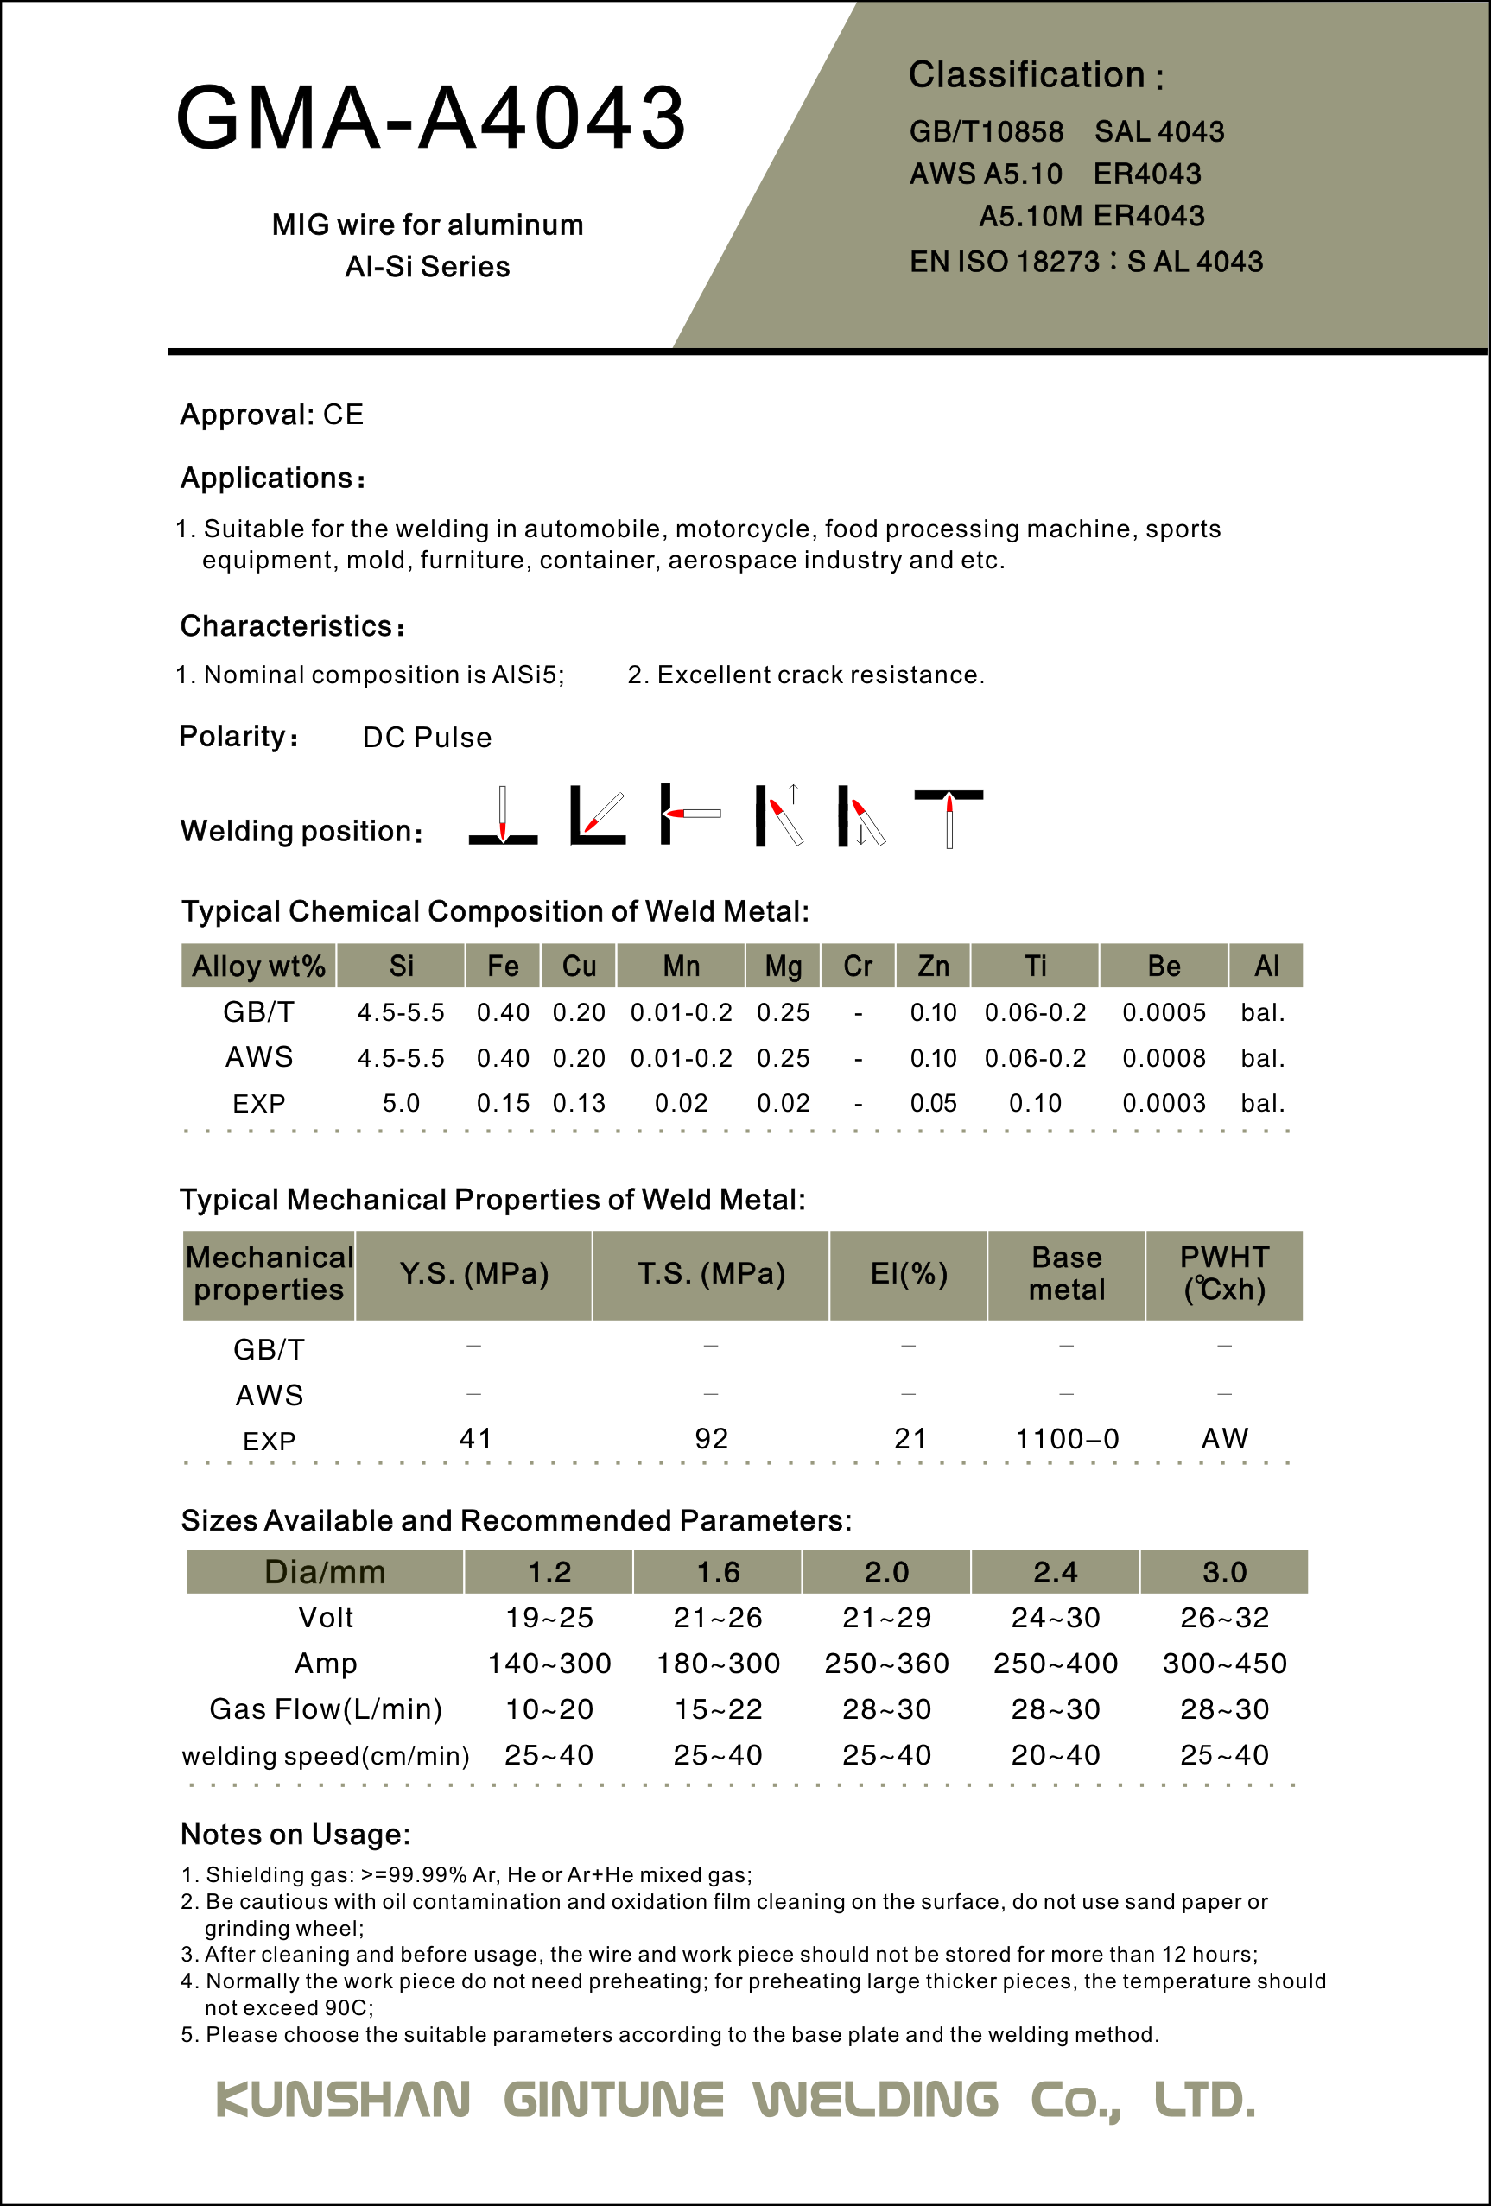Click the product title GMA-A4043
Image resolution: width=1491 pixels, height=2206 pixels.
click(431, 117)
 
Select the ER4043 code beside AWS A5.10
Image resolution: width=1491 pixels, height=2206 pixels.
click(1146, 174)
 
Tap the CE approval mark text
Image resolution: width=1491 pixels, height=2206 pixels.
click(343, 415)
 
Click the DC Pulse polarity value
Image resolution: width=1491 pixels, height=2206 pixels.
click(427, 738)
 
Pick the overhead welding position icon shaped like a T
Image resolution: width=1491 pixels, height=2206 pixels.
click(949, 817)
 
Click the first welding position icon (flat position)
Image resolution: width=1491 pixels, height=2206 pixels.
click(503, 815)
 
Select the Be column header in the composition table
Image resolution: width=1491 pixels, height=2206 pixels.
click(1164, 967)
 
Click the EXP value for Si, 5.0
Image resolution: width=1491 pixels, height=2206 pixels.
click(401, 1103)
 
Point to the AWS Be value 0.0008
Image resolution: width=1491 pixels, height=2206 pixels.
click(1164, 1057)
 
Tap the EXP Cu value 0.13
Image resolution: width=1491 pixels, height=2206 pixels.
click(579, 1103)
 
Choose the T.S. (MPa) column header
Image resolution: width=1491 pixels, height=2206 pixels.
click(711, 1274)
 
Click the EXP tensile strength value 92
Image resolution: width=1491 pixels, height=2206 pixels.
click(711, 1438)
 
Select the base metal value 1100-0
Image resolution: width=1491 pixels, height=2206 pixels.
click(1067, 1439)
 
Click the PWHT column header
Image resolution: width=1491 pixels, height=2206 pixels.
click(1224, 1274)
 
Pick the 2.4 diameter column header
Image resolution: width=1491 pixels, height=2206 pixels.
click(1056, 1572)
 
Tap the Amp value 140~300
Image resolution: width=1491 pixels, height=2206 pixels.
click(549, 1663)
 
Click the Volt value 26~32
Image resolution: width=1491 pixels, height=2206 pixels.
click(1224, 1618)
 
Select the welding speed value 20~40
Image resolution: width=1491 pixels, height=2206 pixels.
click(1056, 1755)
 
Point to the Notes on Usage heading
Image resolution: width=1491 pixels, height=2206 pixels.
click(295, 1834)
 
